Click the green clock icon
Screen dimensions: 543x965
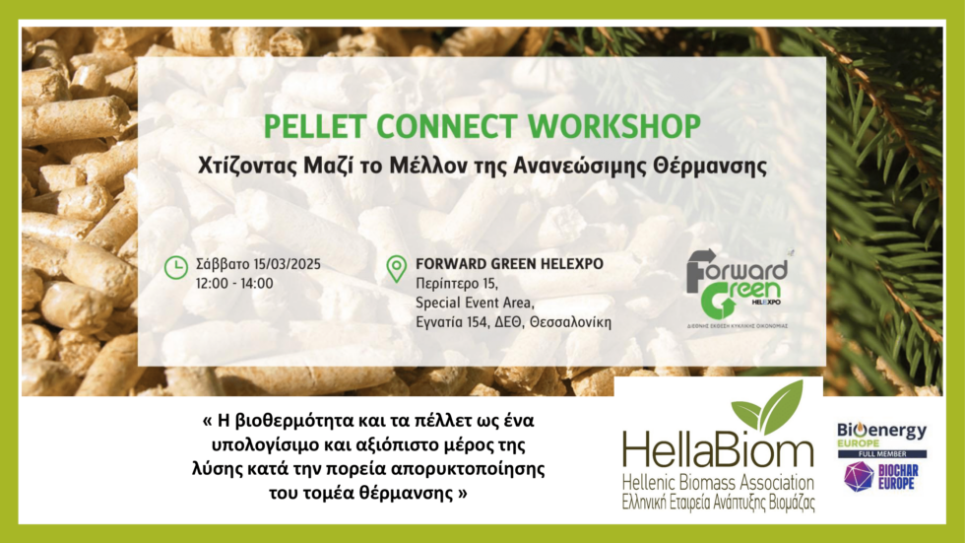click(175, 266)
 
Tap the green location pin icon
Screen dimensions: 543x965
click(396, 268)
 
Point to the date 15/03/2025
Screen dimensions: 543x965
click(287, 264)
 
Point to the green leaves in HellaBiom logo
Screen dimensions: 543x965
click(768, 408)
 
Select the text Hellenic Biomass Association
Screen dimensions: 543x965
click(718, 483)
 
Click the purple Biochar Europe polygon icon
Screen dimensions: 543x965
click(859, 476)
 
